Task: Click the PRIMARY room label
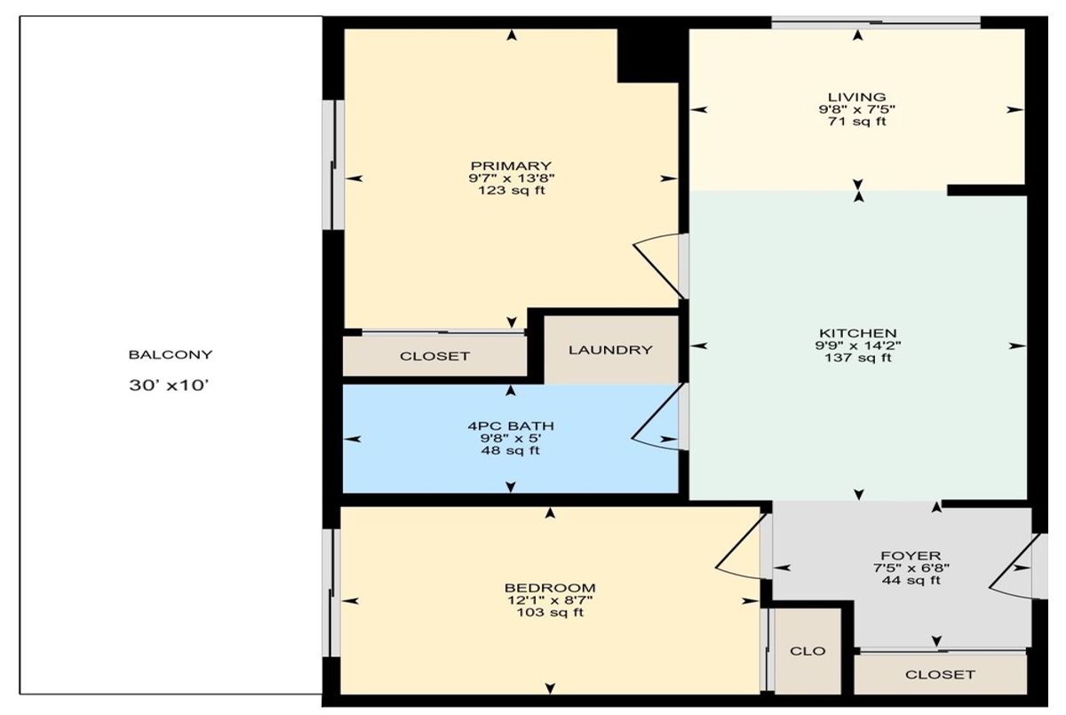click(511, 166)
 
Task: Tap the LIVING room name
click(857, 97)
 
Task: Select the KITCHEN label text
click(857, 333)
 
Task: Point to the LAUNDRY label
click(610, 350)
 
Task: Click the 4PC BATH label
click(511, 425)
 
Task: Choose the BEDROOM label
click(550, 587)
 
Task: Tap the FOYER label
click(911, 556)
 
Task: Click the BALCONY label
click(171, 354)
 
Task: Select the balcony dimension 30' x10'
click(169, 385)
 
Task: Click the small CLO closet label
click(807, 651)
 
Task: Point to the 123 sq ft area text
click(512, 191)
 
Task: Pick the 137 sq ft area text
click(858, 358)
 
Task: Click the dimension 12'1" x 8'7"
click(550, 600)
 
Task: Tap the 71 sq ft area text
click(857, 122)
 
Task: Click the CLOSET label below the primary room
click(434, 356)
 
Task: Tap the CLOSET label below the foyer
click(941, 674)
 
